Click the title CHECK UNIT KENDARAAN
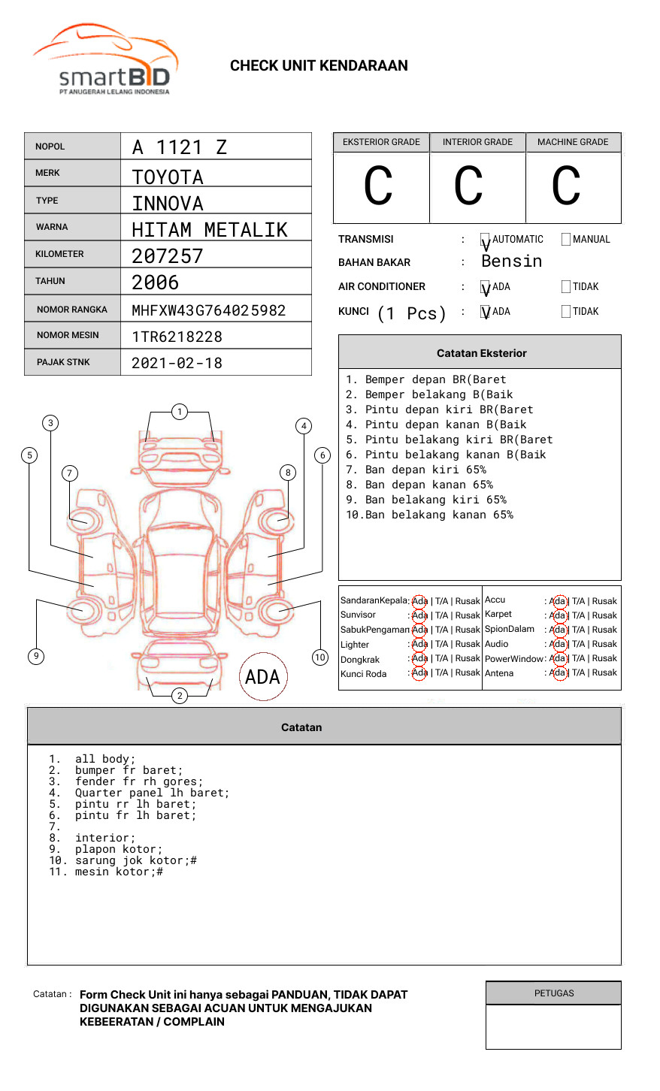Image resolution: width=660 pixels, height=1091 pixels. click(x=319, y=66)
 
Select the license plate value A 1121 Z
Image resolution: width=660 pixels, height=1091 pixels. click(x=179, y=147)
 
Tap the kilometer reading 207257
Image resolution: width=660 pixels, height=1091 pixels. click(x=168, y=256)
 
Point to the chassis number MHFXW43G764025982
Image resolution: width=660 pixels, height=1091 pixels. click(x=208, y=310)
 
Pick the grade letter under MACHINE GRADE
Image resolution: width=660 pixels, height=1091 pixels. click(x=566, y=186)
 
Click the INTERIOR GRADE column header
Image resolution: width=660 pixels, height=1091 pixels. click(x=477, y=142)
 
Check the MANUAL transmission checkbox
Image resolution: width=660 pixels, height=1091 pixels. click(x=566, y=240)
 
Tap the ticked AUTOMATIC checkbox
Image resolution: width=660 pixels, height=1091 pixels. click(x=486, y=240)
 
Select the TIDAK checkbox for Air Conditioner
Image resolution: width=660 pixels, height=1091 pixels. click(x=566, y=287)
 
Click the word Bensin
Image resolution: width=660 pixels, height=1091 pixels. click(x=511, y=261)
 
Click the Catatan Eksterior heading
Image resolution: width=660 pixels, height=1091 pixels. click(x=481, y=353)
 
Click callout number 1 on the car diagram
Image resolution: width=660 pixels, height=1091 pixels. click(x=179, y=411)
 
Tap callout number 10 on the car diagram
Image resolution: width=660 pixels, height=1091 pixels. click(x=320, y=657)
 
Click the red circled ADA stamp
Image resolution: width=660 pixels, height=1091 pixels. click(x=262, y=677)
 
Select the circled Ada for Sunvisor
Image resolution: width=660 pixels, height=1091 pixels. click(x=419, y=615)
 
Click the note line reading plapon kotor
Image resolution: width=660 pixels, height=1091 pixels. click(x=118, y=849)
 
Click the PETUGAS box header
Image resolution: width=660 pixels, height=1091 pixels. click(x=553, y=993)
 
